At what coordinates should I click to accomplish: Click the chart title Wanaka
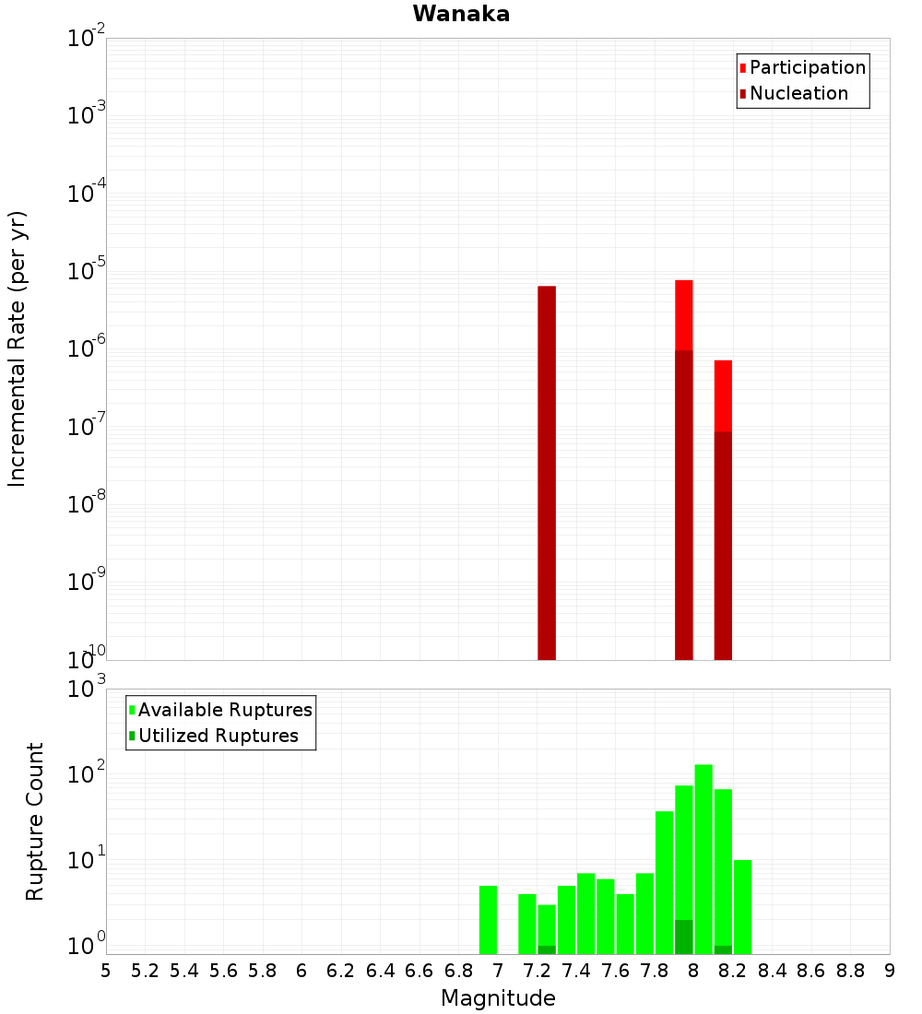461,14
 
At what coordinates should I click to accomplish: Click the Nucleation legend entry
798,93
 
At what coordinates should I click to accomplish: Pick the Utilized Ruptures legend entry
218,736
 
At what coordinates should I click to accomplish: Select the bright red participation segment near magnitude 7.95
684,314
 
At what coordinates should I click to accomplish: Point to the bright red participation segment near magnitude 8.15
723,395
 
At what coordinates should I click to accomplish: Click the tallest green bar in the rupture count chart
703,857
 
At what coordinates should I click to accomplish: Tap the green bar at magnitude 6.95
488,920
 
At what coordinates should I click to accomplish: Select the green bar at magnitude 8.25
743,907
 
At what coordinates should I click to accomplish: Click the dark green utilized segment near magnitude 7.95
684,937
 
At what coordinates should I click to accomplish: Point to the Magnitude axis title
498,998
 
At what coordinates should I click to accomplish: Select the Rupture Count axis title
35,821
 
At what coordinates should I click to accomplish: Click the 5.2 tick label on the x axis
145,971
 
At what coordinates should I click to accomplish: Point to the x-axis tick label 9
890,971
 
